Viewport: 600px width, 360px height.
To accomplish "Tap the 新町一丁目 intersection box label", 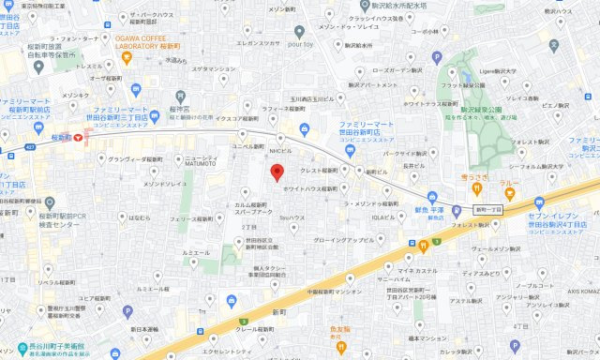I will (487, 209).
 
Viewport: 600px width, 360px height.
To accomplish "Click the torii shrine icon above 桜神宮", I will (181, 95).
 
